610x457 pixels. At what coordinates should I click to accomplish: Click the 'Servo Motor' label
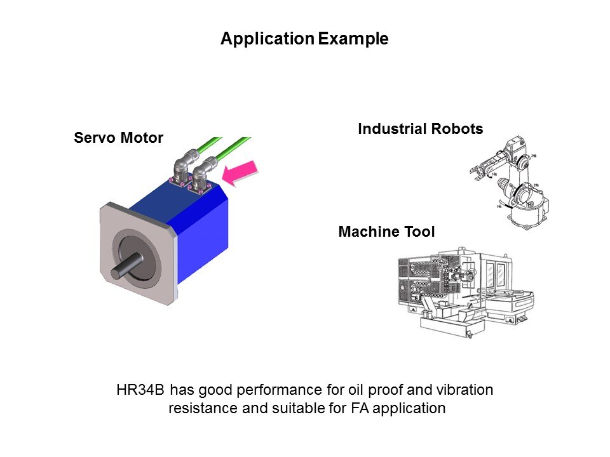click(x=118, y=138)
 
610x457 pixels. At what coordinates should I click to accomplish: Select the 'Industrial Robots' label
click(x=420, y=129)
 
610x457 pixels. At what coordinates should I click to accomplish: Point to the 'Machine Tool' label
click(x=386, y=232)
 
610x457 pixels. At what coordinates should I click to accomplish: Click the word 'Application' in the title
click(x=267, y=39)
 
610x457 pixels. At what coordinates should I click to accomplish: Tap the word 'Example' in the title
click(x=353, y=39)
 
